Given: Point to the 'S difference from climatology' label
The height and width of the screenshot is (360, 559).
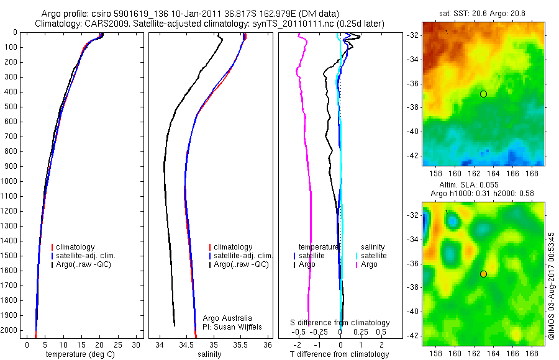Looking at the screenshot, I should [x=340, y=323].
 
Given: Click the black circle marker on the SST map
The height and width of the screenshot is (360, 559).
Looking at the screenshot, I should [x=483, y=94].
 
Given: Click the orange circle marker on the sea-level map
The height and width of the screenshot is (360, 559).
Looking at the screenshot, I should [x=483, y=274].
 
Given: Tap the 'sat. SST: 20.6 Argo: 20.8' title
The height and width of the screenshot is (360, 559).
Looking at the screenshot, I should [x=484, y=12].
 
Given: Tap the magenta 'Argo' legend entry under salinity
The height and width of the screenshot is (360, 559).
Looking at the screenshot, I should [x=369, y=264].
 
